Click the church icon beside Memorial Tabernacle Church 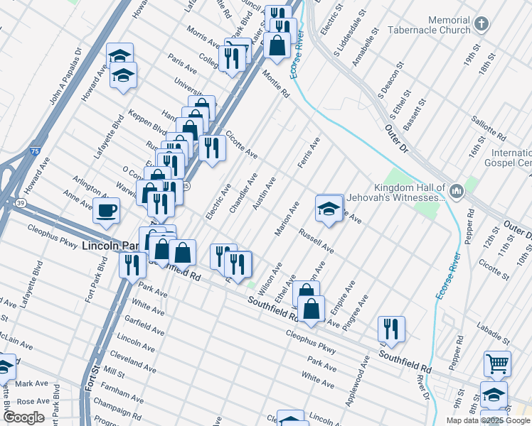482,25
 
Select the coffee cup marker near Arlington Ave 107,210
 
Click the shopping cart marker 497,364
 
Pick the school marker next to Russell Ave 329,209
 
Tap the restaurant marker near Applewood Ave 391,329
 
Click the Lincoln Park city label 112,246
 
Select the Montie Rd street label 276,83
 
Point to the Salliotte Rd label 491,126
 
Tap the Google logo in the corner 23,417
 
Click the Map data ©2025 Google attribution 488,420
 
